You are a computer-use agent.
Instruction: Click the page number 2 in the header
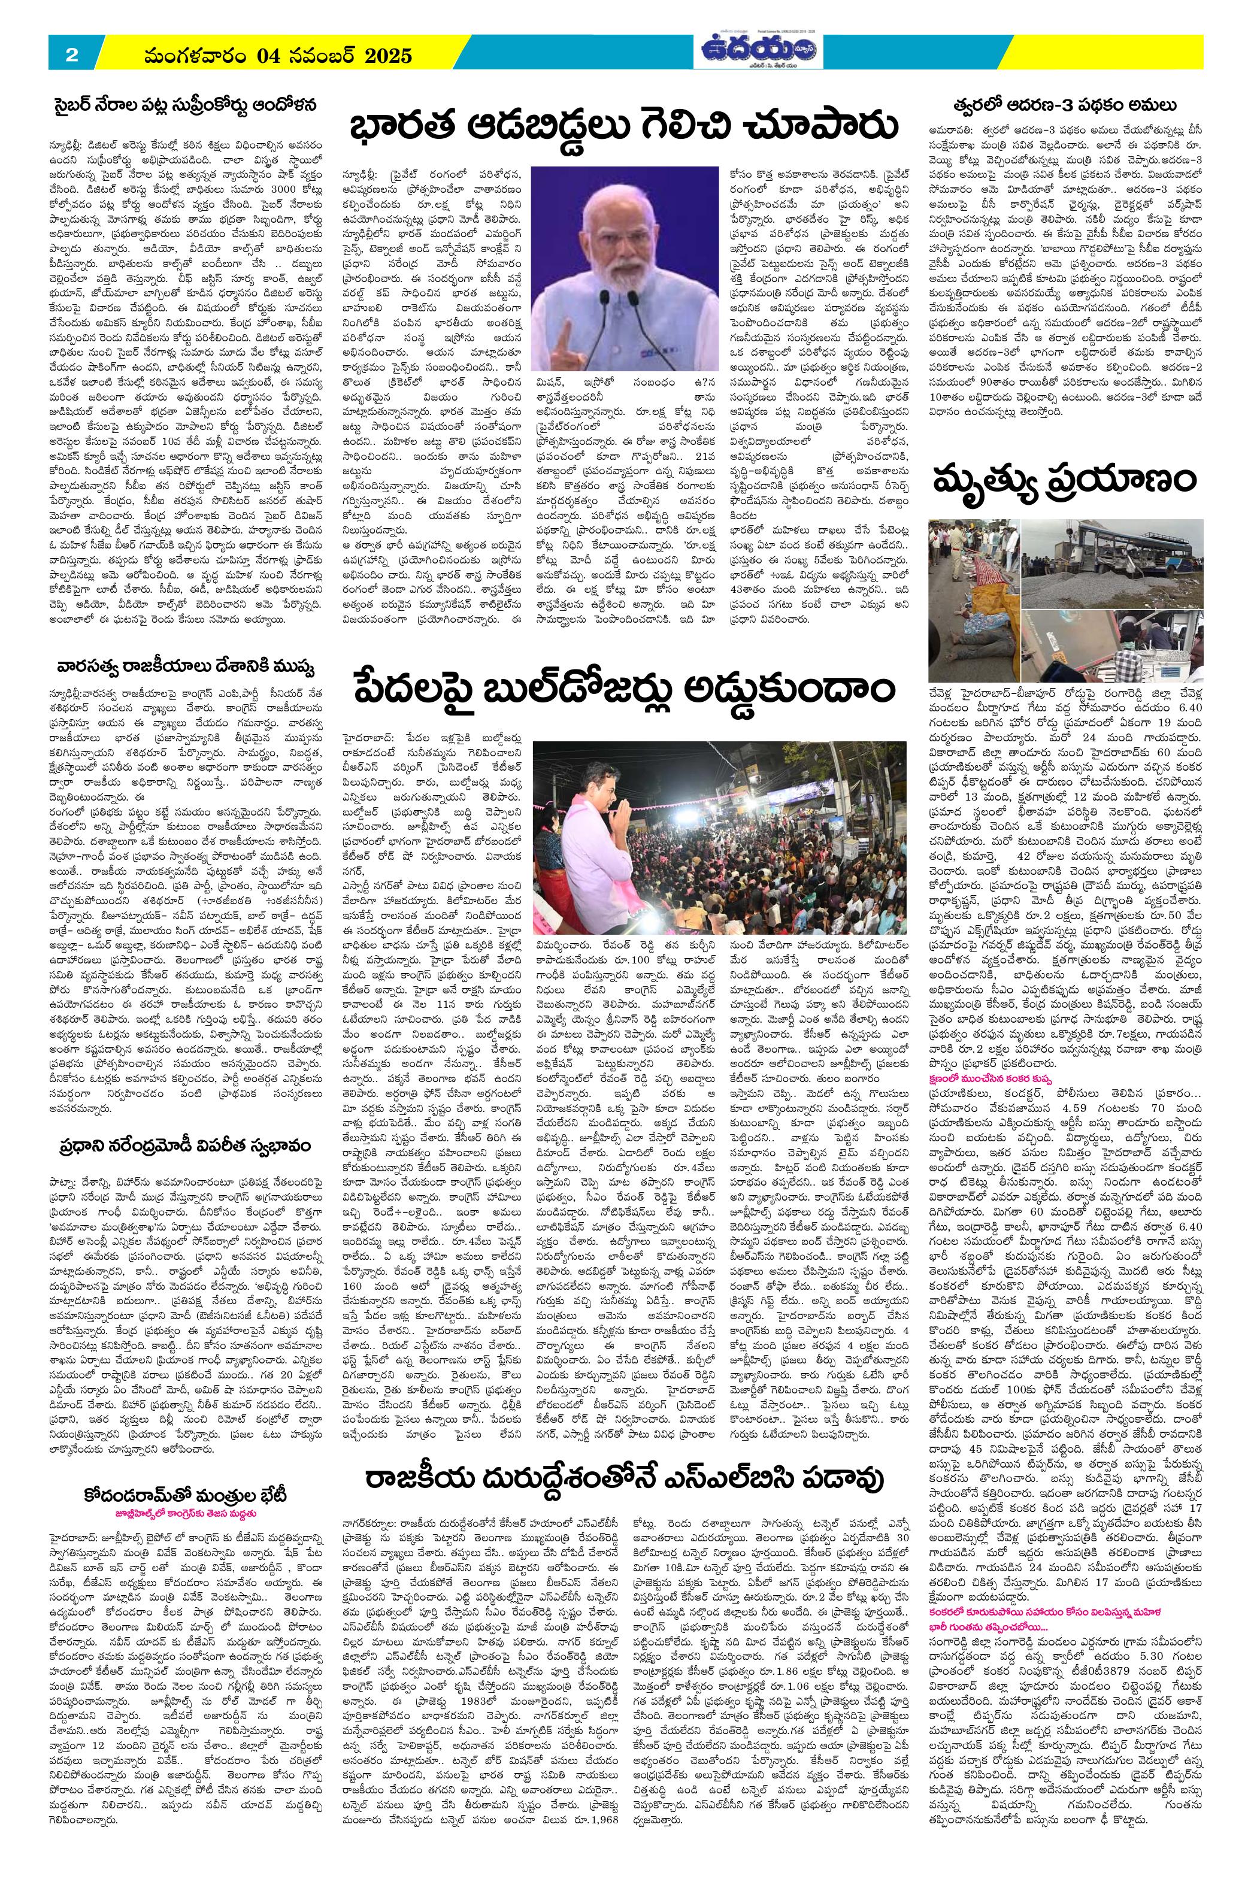point(71,55)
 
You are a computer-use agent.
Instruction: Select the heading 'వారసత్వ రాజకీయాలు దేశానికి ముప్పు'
point(188,666)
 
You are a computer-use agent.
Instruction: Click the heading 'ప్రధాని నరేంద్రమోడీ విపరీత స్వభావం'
point(188,1147)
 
